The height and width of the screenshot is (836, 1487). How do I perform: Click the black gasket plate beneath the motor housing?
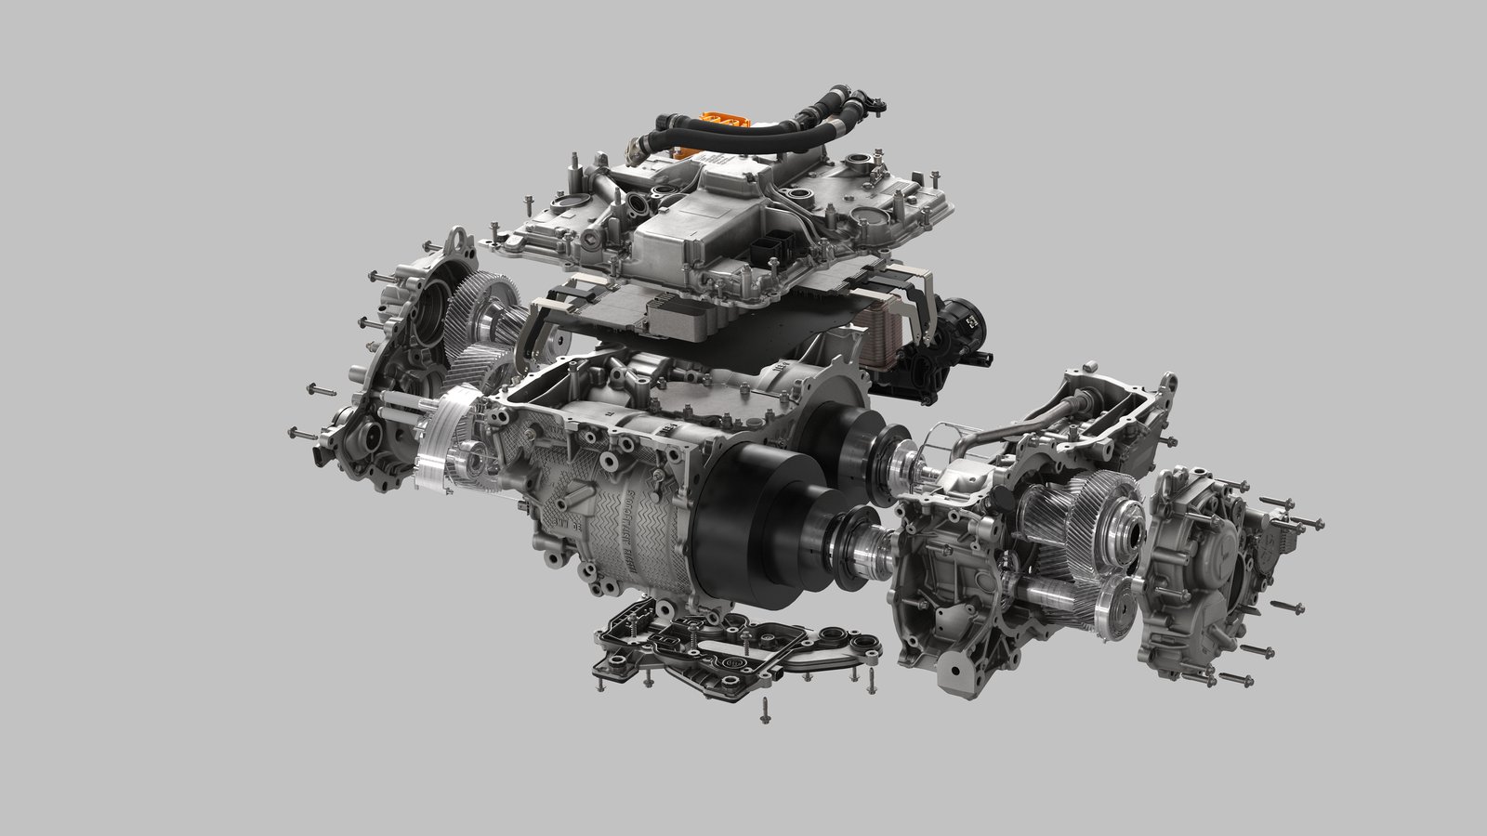734,641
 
